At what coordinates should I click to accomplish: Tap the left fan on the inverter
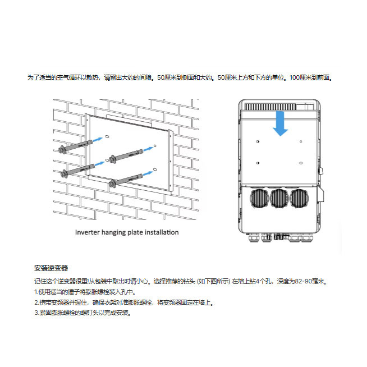coord(259,198)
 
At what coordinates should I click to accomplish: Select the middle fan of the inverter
coord(279,198)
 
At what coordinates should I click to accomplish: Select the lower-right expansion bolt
coord(127,178)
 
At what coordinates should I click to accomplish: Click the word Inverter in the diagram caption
coord(87,232)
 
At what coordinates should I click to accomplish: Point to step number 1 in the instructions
coord(35,292)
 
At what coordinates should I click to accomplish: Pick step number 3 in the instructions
coord(35,313)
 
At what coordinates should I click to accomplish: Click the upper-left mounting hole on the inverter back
coord(258,141)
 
